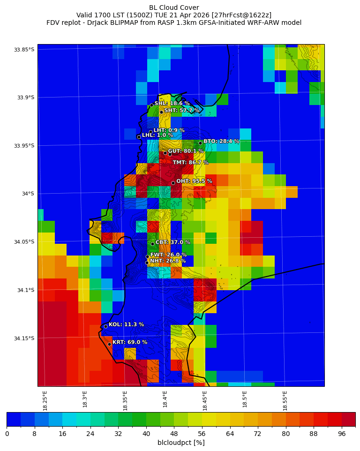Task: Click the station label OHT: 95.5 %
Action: (x=194, y=181)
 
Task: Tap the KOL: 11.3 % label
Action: (x=126, y=324)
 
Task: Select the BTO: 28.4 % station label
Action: (x=221, y=141)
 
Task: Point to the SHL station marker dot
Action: (x=151, y=105)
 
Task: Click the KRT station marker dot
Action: (x=109, y=344)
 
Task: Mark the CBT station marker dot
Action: (x=152, y=244)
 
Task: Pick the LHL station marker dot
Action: (x=139, y=137)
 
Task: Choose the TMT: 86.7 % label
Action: (x=190, y=163)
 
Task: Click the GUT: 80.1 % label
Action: (x=186, y=151)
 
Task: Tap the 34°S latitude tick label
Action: (x=28, y=194)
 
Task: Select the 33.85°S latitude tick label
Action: (x=24, y=50)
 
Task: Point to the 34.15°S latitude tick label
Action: (x=24, y=338)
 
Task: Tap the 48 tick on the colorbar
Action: (x=174, y=434)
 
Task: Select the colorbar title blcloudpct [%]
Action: (x=181, y=443)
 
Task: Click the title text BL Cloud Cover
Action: (x=174, y=8)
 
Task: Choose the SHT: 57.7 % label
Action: (x=182, y=111)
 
